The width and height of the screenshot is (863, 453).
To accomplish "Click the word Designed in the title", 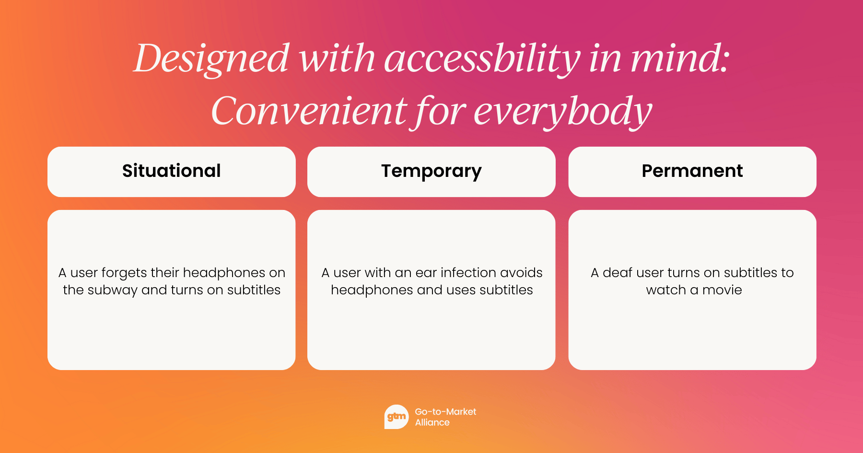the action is point(211,59).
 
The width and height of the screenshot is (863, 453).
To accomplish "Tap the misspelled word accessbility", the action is point(482,59).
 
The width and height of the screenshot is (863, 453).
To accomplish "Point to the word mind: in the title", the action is point(680,58).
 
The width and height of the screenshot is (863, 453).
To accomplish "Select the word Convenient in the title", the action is point(309,111).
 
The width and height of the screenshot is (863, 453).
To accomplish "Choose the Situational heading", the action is point(172,171).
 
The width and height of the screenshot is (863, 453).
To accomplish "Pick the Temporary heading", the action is point(431,172).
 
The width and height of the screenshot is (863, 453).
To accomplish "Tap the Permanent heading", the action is point(692,171).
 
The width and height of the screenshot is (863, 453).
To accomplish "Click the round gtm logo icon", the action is point(397,417).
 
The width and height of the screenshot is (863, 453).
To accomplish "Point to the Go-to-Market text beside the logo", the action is point(445,411).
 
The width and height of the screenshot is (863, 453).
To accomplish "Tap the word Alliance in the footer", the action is point(432,422).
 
